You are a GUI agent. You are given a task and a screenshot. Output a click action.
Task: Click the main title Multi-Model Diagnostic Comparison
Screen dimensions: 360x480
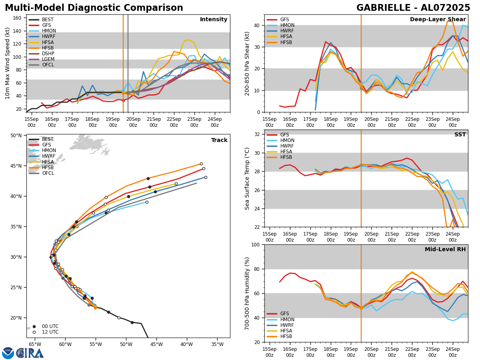click(x=94, y=8)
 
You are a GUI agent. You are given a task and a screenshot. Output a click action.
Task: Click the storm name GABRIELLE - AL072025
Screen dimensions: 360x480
click(x=413, y=8)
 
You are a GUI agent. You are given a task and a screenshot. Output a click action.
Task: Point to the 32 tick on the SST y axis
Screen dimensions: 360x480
click(x=258, y=134)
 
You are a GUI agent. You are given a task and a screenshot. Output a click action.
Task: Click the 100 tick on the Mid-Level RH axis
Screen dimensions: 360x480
click(x=256, y=245)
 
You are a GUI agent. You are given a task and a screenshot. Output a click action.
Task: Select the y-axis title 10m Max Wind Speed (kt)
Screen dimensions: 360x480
click(x=8, y=63)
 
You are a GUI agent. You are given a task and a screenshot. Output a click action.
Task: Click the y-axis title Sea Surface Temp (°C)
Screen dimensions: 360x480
click(x=248, y=178)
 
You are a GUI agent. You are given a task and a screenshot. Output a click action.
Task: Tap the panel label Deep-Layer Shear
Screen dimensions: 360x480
click(x=438, y=20)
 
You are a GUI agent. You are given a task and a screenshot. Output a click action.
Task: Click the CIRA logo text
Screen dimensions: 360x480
click(x=30, y=353)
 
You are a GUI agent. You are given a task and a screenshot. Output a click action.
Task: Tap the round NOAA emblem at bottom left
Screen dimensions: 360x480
click(x=8, y=353)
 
